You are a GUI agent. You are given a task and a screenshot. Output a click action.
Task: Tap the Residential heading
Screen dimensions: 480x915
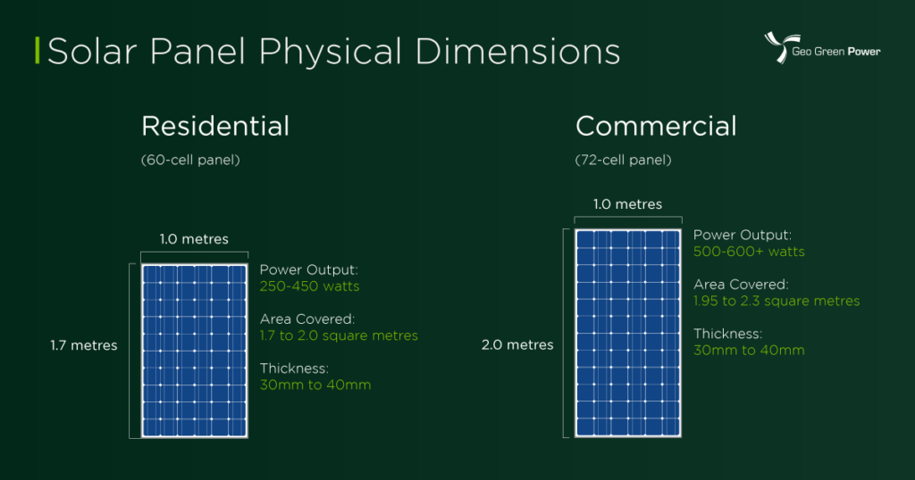(x=215, y=126)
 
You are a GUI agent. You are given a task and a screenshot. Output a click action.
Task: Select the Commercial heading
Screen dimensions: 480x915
(x=656, y=126)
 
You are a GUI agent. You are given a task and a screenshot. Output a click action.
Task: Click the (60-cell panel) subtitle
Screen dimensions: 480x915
(x=190, y=161)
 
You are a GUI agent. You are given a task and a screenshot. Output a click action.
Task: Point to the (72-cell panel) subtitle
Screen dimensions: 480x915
(x=624, y=161)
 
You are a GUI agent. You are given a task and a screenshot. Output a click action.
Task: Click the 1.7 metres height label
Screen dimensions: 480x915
(x=84, y=345)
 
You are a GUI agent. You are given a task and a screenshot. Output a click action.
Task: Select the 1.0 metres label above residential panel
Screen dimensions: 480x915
(x=194, y=239)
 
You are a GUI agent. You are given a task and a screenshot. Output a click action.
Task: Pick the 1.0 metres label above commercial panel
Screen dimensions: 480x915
(x=628, y=204)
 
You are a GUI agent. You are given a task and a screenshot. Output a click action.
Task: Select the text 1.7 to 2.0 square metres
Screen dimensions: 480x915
(x=339, y=335)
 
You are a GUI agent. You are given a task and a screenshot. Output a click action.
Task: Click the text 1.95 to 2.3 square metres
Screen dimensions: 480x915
(x=776, y=301)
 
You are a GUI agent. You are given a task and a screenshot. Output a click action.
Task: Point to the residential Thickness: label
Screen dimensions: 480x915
(x=295, y=368)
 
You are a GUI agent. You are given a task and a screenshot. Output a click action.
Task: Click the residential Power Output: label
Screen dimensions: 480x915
(x=308, y=269)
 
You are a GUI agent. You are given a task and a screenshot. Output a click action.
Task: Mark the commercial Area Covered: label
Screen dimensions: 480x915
(x=741, y=285)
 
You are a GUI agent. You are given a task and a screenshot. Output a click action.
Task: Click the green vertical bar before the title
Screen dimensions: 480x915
(x=37, y=52)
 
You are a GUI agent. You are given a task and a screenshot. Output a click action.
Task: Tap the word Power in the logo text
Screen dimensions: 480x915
(x=864, y=52)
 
